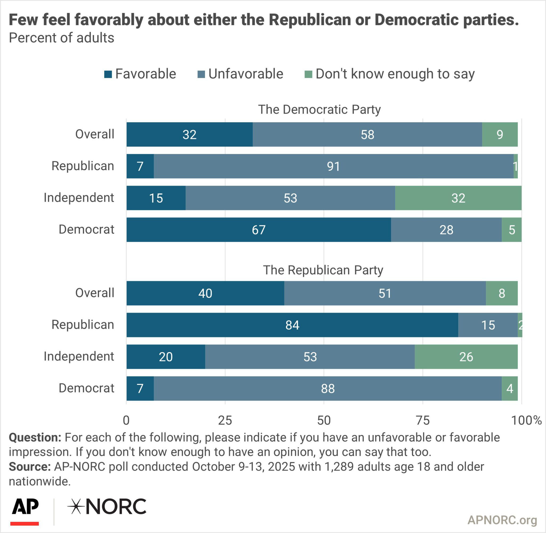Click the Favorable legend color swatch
[x=108, y=74]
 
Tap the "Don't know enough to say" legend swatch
[x=308, y=74]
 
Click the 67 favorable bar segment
[x=259, y=230]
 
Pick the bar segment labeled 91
[x=333, y=166]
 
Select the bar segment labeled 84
[x=292, y=325]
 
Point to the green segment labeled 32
[x=458, y=198]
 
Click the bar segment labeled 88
[x=327, y=389]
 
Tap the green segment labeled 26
[x=466, y=357]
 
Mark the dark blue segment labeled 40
[x=205, y=293]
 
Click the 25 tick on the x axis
[x=225, y=421]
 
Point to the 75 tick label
[x=423, y=421]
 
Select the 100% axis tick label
[x=526, y=421]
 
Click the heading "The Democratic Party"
[x=319, y=109]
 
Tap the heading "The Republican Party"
[x=323, y=270]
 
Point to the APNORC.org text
[x=502, y=520]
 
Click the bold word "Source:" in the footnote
[x=30, y=467]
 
